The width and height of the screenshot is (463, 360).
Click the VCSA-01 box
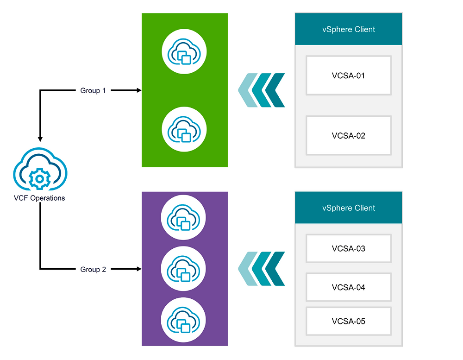coord(348,75)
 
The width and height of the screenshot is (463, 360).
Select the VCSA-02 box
coord(348,136)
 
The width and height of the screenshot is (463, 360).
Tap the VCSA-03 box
coord(348,249)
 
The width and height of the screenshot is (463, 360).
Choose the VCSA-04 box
coord(348,287)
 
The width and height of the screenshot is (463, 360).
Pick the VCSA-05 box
coord(348,321)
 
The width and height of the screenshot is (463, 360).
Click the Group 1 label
coord(93,91)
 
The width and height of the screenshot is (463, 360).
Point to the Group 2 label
coord(93,269)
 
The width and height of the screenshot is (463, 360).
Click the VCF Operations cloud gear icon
coord(40,171)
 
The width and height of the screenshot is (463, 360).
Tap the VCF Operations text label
coord(39,198)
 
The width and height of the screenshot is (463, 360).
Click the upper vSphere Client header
coord(349,29)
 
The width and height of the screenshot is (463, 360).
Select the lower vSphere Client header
coord(349,208)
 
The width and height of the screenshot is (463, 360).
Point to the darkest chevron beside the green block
coord(277,90)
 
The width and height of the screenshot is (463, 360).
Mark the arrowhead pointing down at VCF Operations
coord(40,139)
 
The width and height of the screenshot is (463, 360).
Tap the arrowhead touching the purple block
coord(138,269)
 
